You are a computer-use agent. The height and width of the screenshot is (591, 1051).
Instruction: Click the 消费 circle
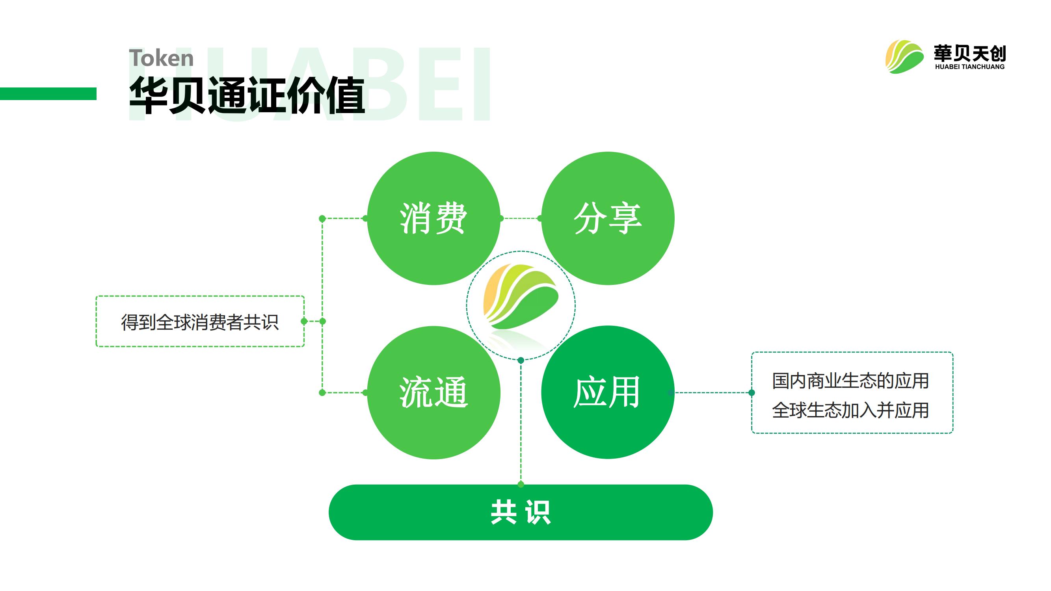click(x=433, y=219)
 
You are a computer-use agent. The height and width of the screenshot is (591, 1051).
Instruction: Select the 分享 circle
click(x=608, y=219)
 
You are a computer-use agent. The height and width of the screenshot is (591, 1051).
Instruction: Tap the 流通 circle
click(x=433, y=392)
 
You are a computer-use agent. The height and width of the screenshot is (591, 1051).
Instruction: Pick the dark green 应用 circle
click(x=608, y=392)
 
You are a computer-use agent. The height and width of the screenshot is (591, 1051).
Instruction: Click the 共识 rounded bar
click(x=521, y=512)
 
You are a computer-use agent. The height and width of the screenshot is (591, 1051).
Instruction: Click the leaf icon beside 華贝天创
click(x=904, y=57)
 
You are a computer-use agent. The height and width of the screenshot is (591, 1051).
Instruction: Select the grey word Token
click(x=161, y=58)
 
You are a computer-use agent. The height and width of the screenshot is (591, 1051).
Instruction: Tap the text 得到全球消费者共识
click(x=200, y=322)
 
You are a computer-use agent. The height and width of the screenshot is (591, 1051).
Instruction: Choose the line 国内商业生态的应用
click(x=851, y=381)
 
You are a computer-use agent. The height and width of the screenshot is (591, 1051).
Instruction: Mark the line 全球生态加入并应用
click(x=851, y=410)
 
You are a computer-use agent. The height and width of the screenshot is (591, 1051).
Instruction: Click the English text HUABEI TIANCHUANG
click(x=970, y=67)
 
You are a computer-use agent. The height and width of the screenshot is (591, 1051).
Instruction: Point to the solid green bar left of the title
click(x=48, y=93)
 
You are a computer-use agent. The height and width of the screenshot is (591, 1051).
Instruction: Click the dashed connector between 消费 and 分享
click(x=521, y=219)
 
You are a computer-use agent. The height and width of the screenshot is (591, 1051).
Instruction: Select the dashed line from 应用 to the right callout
click(x=712, y=393)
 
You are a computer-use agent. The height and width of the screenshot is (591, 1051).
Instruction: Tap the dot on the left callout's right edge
click(x=304, y=322)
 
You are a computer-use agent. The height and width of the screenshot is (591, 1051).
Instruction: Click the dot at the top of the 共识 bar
click(x=521, y=485)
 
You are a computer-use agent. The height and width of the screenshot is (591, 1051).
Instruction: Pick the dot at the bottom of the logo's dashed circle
click(x=521, y=360)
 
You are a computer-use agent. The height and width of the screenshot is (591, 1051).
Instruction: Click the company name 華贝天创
click(x=970, y=54)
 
